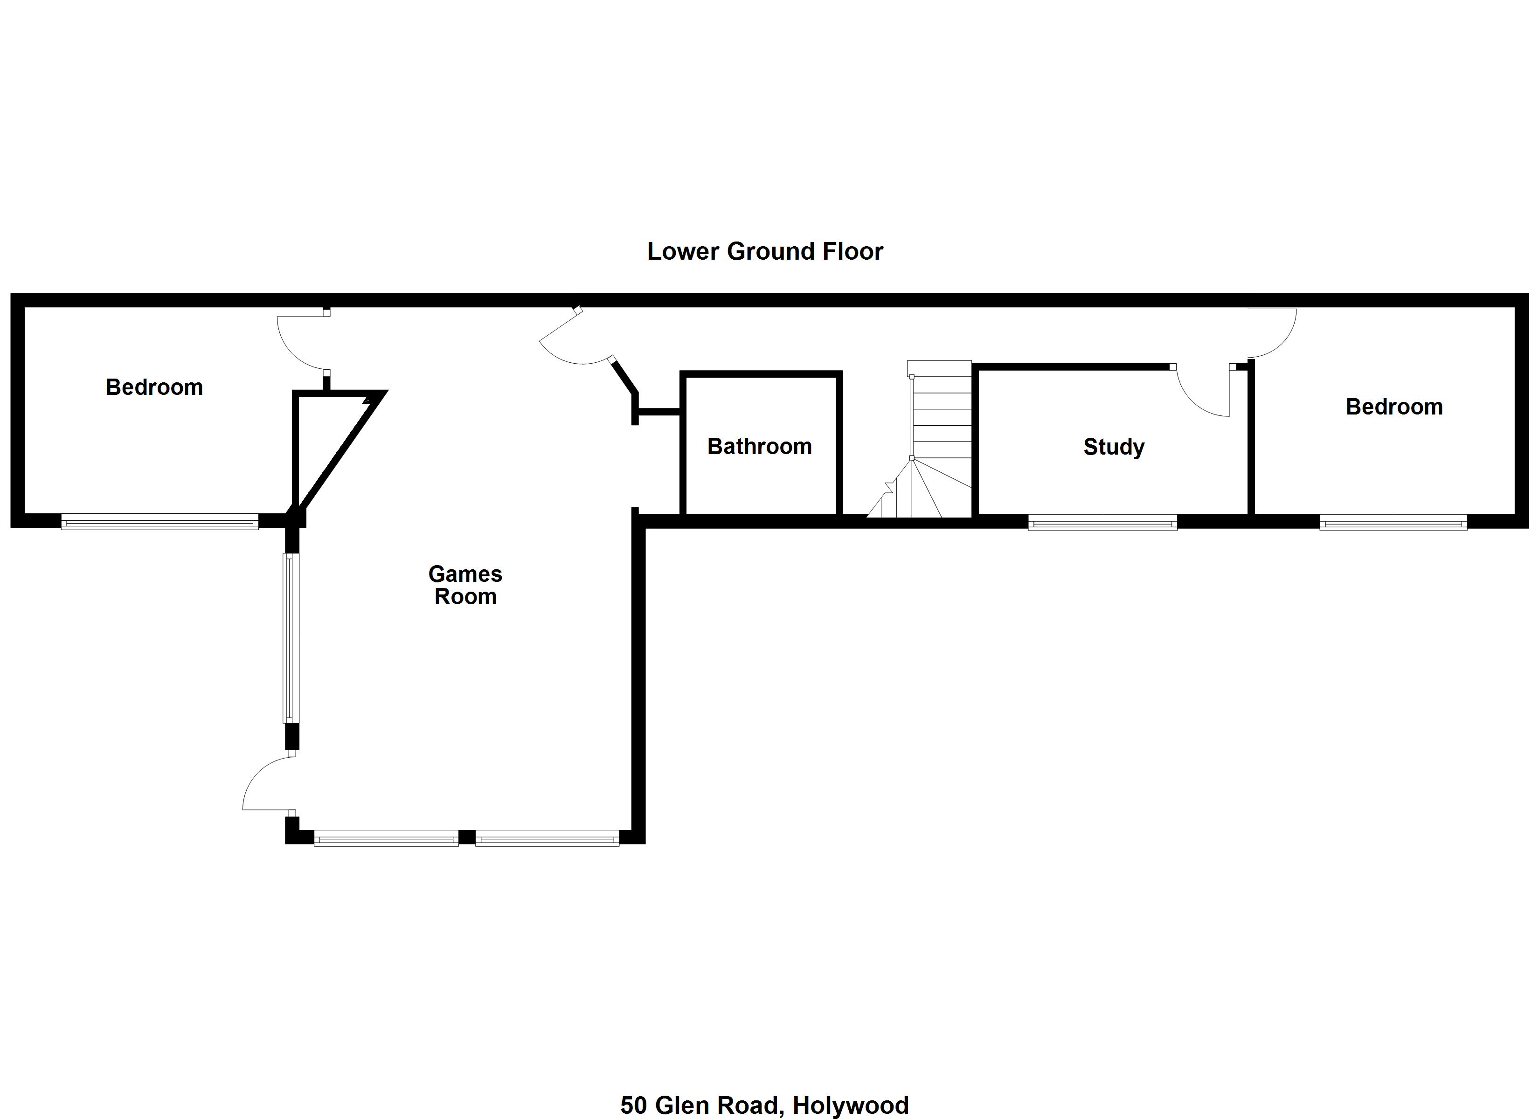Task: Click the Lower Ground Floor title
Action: tap(765, 252)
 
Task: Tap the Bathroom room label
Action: tap(759, 447)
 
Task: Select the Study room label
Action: tap(1114, 447)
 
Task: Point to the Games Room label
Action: tap(465, 585)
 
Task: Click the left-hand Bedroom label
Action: tap(154, 387)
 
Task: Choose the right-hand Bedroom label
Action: tap(1394, 407)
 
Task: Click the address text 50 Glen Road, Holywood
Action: tap(765, 1105)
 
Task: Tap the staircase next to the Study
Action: tap(923, 439)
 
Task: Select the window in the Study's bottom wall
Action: tap(1102, 523)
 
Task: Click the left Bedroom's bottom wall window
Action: tap(159, 522)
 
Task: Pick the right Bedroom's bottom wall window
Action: tap(1393, 523)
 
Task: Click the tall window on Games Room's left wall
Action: tap(291, 638)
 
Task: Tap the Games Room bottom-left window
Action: tap(386, 838)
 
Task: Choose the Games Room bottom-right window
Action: tap(548, 838)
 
